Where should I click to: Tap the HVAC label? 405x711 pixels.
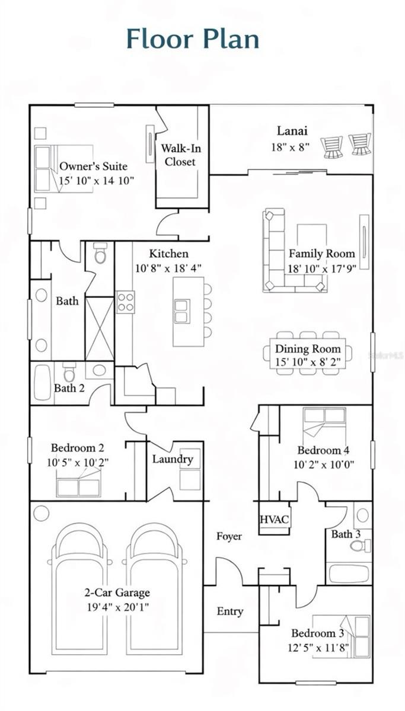coord(275,520)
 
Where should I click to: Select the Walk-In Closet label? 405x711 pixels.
coord(180,155)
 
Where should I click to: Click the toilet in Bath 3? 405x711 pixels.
coord(359,545)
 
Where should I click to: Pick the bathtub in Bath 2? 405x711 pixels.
coord(42,382)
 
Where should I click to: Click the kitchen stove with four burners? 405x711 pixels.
coord(125,302)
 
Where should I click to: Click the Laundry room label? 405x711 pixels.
coord(172,459)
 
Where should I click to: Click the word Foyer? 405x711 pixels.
coord(229,536)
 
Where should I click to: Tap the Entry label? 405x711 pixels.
coord(230,611)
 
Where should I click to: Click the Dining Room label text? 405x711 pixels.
coord(308,349)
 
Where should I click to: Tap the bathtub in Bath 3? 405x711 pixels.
coord(349,574)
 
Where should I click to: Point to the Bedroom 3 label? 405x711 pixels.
coord(317,633)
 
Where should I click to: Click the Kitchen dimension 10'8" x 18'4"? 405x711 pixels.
coord(168,267)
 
